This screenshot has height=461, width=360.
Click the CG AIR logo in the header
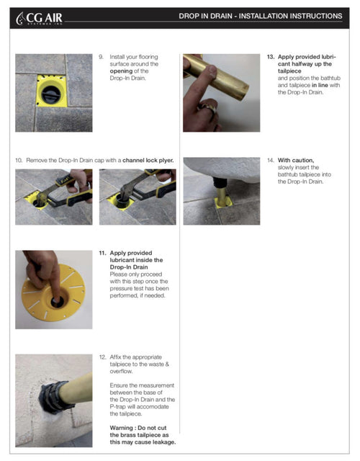click(x=39, y=18)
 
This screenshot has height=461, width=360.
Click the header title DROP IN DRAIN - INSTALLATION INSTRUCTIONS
click(x=261, y=16)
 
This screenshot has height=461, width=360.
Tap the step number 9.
click(x=101, y=57)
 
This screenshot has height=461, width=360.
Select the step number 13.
click(x=271, y=57)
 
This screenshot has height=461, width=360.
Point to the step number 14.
click(x=271, y=160)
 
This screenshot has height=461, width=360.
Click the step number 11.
click(x=102, y=253)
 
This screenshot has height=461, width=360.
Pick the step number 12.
click(x=102, y=357)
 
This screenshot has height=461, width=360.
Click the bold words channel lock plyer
click(x=148, y=161)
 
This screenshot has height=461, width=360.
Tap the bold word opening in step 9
click(x=121, y=71)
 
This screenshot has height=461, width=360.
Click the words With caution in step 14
click(x=296, y=161)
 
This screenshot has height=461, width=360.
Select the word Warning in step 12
click(x=122, y=428)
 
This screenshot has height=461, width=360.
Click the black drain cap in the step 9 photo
click(x=51, y=94)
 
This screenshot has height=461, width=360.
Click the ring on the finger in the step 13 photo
click(x=208, y=109)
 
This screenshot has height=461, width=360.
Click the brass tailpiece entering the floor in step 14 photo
click(x=221, y=196)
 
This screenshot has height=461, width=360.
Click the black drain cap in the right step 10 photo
click(x=121, y=200)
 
